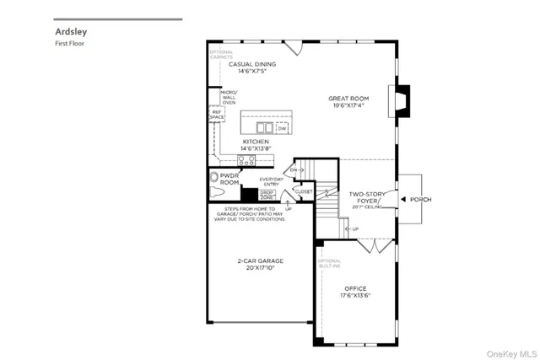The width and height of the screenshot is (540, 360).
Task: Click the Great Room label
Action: coord(349,102)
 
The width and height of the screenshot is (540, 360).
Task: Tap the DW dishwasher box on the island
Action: coord(282,128)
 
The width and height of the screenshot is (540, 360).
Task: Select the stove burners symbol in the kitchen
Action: coord(246,159)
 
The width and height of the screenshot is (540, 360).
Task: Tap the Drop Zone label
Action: coord(267,195)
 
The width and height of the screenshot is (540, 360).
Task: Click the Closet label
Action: coord(304,191)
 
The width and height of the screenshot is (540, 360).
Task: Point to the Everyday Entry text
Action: coord(272,181)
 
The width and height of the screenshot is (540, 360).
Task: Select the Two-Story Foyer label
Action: coord(367,198)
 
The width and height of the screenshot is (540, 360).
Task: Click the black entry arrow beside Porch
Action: coord(404,200)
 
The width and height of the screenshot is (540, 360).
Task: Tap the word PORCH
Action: coord(421,200)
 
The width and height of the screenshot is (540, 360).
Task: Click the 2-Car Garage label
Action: coord(260,265)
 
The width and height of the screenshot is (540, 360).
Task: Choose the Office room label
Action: coord(355,292)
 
